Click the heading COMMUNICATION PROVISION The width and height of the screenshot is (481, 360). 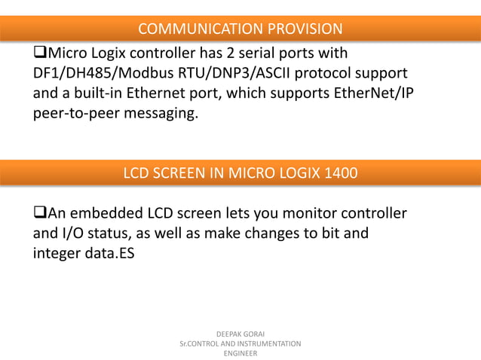(x=240, y=29)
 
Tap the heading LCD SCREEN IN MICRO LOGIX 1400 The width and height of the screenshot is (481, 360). (x=240, y=174)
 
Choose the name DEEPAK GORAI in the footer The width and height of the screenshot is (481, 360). (x=240, y=333)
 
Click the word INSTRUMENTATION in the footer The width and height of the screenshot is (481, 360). (x=264, y=343)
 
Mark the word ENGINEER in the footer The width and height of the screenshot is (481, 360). (x=240, y=353)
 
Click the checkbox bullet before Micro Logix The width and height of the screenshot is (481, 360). (x=40, y=53)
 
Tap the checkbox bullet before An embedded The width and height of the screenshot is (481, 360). (x=40, y=213)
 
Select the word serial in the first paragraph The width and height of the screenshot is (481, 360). (x=265, y=53)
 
